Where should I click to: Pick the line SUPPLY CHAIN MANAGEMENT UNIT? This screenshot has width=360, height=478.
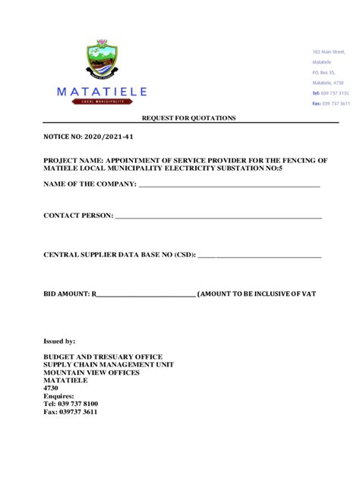(x=109, y=365)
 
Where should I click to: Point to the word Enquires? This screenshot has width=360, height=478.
(x=58, y=396)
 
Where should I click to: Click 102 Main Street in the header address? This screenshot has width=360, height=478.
(x=328, y=52)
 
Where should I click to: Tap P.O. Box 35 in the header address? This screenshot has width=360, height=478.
(x=324, y=73)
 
